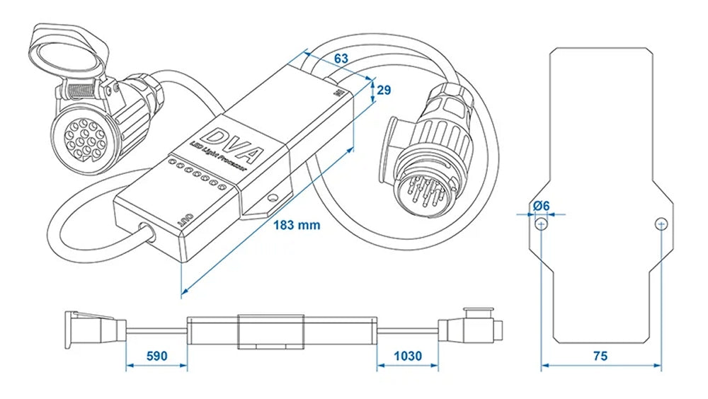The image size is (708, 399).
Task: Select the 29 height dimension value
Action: point(384,90)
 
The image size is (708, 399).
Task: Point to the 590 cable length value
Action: point(156,355)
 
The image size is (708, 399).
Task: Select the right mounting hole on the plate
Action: point(660,224)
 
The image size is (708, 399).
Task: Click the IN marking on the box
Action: point(337,91)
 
